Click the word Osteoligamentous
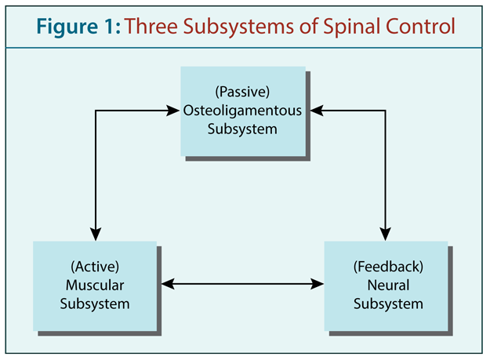[x=242, y=111]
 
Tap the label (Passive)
[x=242, y=92]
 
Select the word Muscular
[x=95, y=285]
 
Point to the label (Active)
[x=95, y=267]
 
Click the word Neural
[x=388, y=285]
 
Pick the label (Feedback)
[x=388, y=267]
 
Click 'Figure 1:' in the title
[x=78, y=27]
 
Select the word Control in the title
[x=420, y=26]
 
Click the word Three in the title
[x=151, y=26]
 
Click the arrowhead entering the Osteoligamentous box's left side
[x=172, y=111]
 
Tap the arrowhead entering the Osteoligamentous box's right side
[x=317, y=111]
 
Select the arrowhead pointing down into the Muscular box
[x=96, y=234]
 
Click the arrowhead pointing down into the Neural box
[x=385, y=234]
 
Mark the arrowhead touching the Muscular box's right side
[x=168, y=284]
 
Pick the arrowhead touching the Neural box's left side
[x=317, y=284]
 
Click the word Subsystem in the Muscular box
[x=95, y=304]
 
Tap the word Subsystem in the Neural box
[x=388, y=304]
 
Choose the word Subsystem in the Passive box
[x=242, y=129]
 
